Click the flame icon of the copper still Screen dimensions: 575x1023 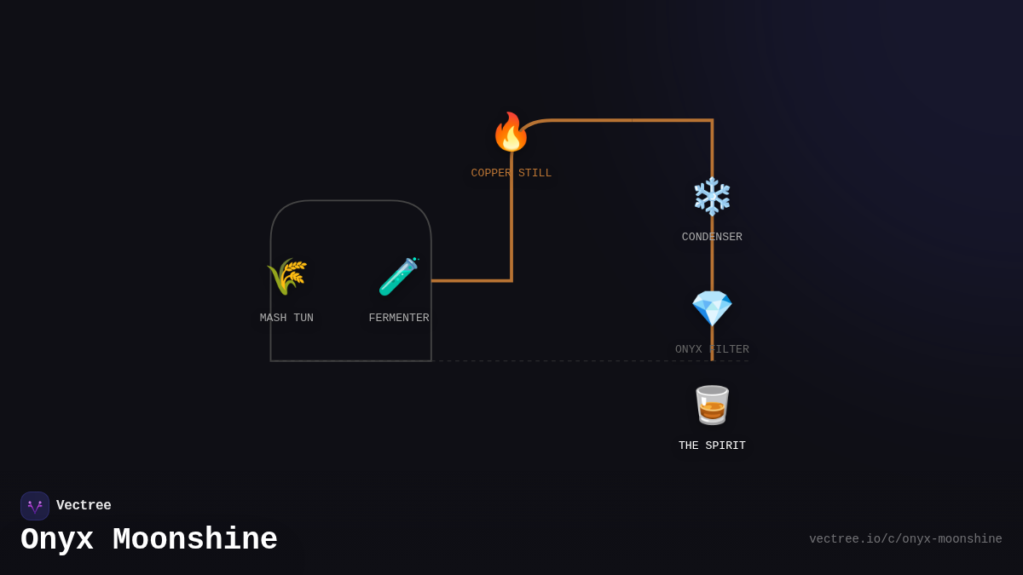point(511,132)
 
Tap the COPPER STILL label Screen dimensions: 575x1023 point(511,174)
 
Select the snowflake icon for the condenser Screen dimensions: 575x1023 point(712,196)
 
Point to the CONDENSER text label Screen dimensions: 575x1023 point(712,238)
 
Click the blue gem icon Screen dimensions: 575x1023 point(712,308)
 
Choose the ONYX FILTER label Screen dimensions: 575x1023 point(712,350)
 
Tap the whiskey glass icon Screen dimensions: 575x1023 point(712,405)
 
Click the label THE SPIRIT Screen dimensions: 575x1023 point(712,446)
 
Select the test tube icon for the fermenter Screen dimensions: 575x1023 point(398,277)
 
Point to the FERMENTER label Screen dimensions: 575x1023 point(399,319)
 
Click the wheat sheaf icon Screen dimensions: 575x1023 point(286,277)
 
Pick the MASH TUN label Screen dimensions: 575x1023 point(286,319)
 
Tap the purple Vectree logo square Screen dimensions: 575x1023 point(35,506)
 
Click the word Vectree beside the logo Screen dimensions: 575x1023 point(84,506)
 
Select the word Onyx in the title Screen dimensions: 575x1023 point(56,540)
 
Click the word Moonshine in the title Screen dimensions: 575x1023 point(195,540)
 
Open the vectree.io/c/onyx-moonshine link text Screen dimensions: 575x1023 point(905,539)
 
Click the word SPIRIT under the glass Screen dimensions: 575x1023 point(725,446)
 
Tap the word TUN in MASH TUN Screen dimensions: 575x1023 point(303,319)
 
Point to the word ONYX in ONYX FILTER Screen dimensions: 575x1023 point(689,350)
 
